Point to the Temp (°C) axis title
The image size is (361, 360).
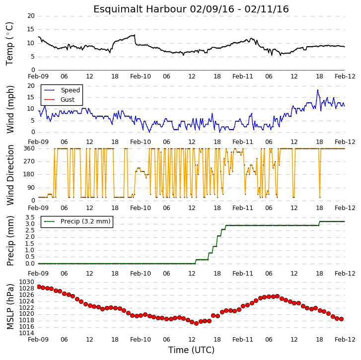[x=9, y=44]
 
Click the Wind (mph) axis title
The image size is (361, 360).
[x=10, y=109]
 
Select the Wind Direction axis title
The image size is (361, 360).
[x=10, y=175]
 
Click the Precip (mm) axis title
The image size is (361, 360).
[x=10, y=241]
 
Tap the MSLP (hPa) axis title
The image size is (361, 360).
[x=10, y=306]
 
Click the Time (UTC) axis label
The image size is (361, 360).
[x=191, y=350]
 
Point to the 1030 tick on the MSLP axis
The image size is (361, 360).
[x=26, y=282]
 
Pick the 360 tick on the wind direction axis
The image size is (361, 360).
[x=29, y=148]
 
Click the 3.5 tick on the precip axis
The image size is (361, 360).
[x=30, y=217]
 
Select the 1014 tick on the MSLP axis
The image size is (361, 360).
[x=26, y=333]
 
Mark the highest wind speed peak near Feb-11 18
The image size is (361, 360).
[x=318, y=90]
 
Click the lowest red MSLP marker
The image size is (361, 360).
[x=196, y=323]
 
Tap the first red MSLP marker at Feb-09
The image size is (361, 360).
[x=39, y=287]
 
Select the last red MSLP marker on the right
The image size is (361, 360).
[x=341, y=319]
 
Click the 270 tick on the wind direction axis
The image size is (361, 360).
[x=29, y=161]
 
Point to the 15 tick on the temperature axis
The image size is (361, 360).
[x=31, y=29]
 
